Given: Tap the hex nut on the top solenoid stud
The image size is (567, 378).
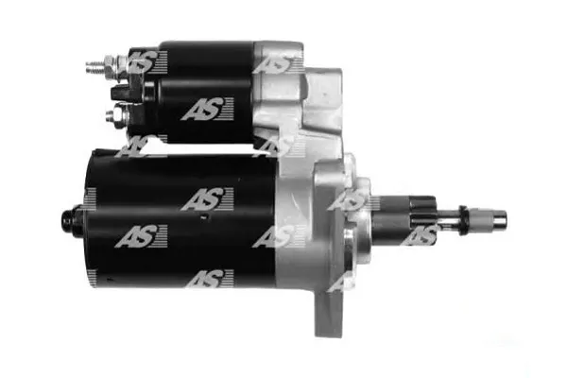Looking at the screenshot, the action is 111,67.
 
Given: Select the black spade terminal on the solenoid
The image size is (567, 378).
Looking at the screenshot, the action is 119,94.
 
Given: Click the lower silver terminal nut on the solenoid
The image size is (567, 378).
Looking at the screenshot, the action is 116,114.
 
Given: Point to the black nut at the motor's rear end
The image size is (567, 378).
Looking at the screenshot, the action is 72,220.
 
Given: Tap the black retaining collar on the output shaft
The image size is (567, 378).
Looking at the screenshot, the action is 463,220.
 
